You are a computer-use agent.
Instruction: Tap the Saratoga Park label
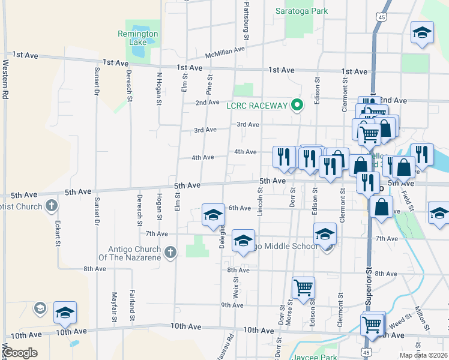tap(301, 11)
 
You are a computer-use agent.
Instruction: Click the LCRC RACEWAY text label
tap(257, 106)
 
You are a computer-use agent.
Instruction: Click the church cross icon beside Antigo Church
tap(170, 253)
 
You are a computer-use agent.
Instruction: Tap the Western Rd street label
tap(5, 78)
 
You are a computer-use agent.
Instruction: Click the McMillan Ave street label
tap(225, 53)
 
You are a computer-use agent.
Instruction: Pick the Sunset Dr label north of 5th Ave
tap(96, 81)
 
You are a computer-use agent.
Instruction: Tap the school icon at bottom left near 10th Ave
tap(65, 312)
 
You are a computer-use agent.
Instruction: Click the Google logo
tap(20, 353)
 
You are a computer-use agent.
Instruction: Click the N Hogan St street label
tap(159, 89)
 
